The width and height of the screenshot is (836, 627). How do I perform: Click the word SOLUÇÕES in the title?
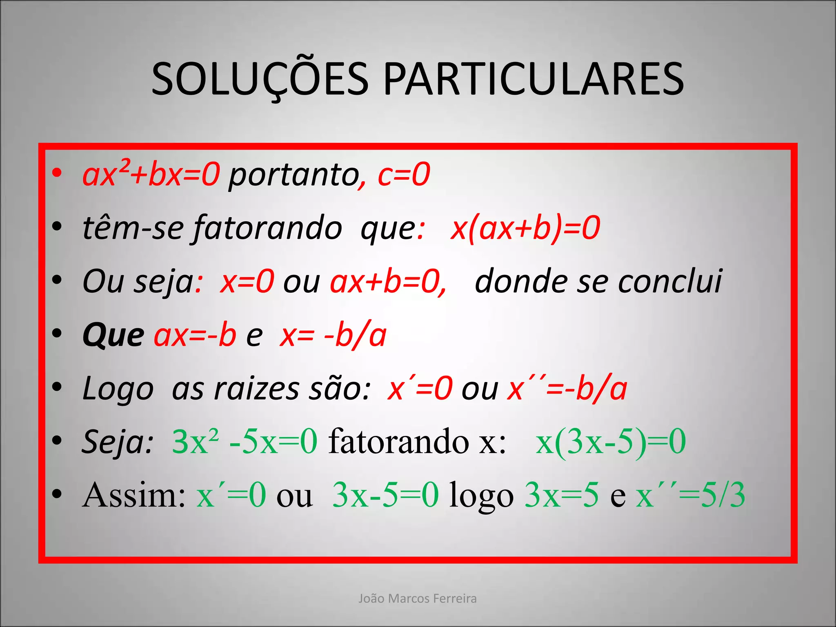[260, 80]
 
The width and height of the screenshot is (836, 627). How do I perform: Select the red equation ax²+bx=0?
[151, 174]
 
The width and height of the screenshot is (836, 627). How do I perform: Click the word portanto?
[293, 176]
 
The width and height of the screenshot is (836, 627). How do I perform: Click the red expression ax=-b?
[195, 335]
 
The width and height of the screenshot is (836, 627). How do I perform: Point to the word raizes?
[256, 389]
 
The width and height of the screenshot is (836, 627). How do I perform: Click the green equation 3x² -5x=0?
[245, 441]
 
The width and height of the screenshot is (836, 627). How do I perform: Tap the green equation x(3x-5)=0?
[611, 441]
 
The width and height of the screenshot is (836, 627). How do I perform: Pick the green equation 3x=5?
[561, 495]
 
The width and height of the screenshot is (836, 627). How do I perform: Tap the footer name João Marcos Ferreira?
[418, 598]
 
